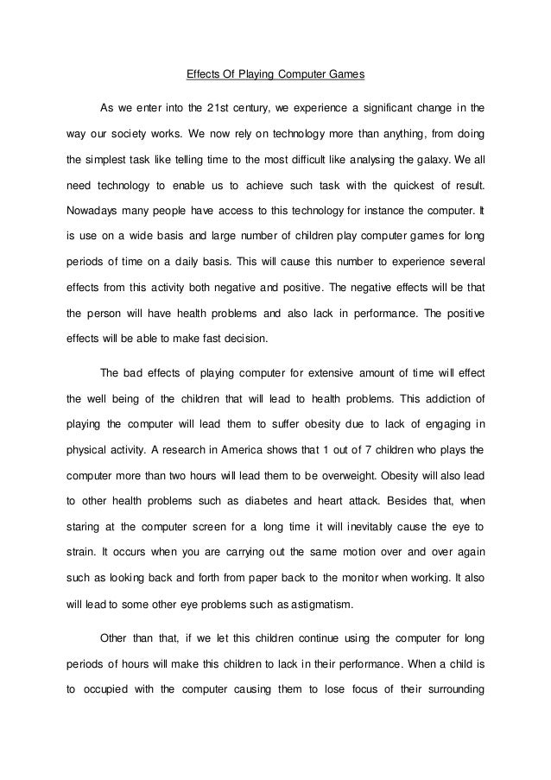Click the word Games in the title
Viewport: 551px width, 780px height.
[x=347, y=74]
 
